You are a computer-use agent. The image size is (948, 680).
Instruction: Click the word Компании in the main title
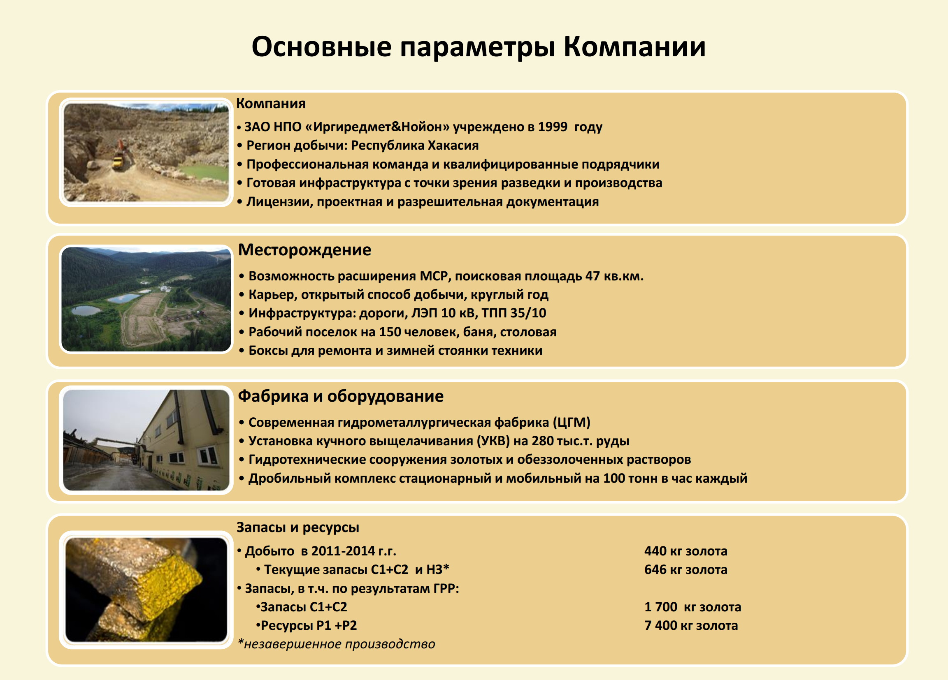click(x=634, y=46)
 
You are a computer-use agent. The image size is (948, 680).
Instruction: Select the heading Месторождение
click(x=304, y=250)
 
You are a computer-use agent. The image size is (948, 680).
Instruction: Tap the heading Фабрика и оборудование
click(x=341, y=396)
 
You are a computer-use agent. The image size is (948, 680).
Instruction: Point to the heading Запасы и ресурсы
click(x=297, y=527)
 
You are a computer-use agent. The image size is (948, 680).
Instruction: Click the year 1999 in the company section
click(x=553, y=127)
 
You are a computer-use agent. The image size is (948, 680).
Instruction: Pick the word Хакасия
click(x=453, y=146)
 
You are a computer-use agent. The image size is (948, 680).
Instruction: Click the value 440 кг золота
click(x=685, y=551)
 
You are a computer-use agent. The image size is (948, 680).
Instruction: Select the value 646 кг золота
click(x=685, y=569)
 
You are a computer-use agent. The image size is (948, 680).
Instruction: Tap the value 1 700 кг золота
click(x=692, y=607)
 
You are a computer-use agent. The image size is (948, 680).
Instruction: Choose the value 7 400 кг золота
click(x=691, y=625)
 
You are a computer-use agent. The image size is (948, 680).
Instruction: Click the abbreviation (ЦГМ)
click(x=572, y=422)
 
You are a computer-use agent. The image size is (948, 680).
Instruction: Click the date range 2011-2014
click(x=343, y=551)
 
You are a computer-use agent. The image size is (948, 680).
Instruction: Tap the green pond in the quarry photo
click(x=203, y=172)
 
